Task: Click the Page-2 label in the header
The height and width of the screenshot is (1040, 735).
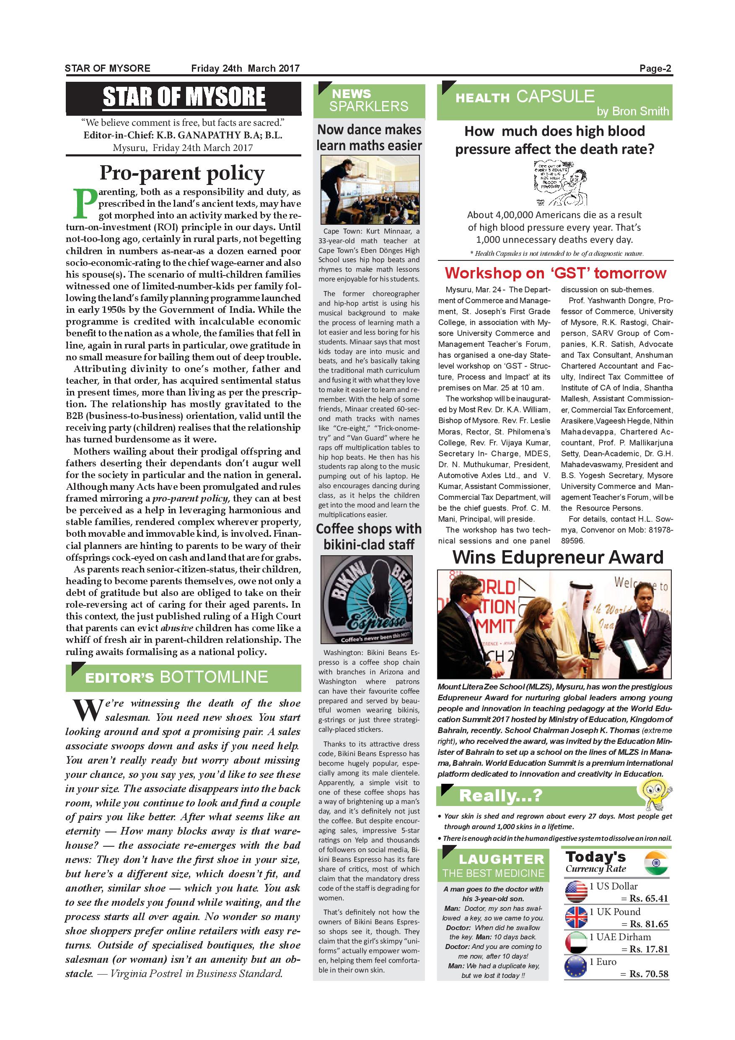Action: click(655, 69)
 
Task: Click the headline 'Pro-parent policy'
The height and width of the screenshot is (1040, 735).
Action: click(182, 173)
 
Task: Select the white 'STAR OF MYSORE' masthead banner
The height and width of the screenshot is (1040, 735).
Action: click(183, 97)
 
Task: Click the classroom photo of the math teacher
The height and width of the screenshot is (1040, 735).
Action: click(370, 190)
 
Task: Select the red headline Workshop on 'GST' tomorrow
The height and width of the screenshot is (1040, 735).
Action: click(555, 273)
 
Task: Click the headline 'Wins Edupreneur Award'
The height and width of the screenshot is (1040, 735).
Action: click(558, 557)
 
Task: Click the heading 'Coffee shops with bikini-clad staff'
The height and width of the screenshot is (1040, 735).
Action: click(369, 536)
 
